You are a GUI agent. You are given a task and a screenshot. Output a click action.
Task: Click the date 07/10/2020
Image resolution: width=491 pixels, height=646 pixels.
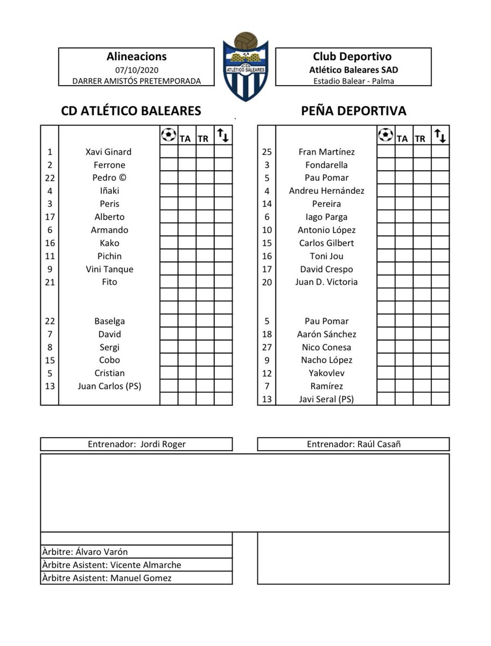pyautogui.click(x=137, y=69)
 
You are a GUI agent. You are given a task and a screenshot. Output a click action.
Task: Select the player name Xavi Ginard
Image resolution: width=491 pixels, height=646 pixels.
pyautogui.click(x=108, y=152)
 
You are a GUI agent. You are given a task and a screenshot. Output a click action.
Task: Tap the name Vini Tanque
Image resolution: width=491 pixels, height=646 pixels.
pyautogui.click(x=109, y=269)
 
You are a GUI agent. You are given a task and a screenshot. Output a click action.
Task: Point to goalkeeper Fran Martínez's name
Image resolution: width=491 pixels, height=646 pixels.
pyautogui.click(x=326, y=152)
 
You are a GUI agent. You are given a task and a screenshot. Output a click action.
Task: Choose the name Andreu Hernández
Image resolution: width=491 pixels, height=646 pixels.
pyautogui.click(x=326, y=191)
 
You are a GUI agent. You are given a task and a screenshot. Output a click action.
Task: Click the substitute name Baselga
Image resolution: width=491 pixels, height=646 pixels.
pyautogui.click(x=109, y=321)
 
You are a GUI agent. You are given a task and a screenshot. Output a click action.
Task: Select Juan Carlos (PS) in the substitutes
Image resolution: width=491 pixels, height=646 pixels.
pyautogui.click(x=109, y=386)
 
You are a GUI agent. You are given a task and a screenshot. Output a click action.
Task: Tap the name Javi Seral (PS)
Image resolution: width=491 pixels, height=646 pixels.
pyautogui.click(x=326, y=399)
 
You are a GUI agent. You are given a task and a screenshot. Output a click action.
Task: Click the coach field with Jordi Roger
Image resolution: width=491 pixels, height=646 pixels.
pyautogui.click(x=136, y=444)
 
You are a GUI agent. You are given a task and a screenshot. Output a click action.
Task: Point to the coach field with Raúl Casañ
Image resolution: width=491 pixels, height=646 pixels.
pyautogui.click(x=353, y=444)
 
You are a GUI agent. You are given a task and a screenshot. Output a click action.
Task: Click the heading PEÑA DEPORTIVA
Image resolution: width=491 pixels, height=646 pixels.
pyautogui.click(x=353, y=111)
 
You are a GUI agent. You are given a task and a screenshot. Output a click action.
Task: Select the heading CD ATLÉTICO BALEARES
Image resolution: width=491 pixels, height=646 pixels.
pyautogui.click(x=131, y=111)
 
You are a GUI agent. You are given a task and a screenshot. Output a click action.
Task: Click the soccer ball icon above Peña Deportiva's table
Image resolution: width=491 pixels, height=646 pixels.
pyautogui.click(x=385, y=135)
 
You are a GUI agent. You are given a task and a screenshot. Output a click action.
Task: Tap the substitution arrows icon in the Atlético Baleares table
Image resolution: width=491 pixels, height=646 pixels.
pyautogui.click(x=222, y=135)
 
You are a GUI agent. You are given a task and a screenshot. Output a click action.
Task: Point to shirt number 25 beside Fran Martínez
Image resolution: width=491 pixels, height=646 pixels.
pyautogui.click(x=266, y=152)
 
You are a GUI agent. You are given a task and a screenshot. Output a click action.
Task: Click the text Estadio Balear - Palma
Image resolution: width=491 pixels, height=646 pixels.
pyautogui.click(x=353, y=81)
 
